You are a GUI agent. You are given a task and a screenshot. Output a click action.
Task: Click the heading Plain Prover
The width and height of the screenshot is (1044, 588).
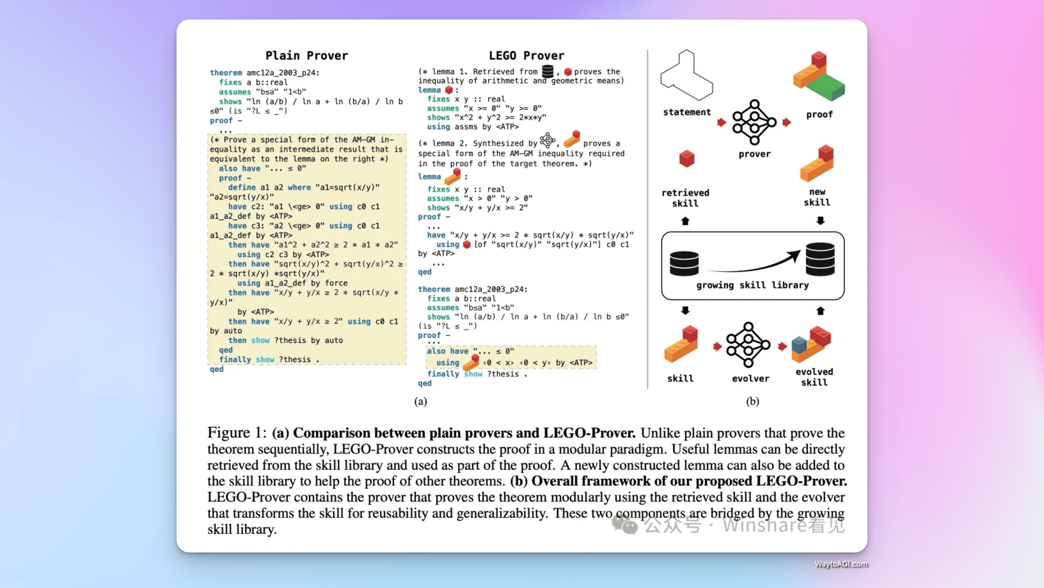pos(306,56)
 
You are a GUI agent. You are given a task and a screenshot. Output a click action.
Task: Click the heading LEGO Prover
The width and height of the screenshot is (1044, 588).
pos(526,56)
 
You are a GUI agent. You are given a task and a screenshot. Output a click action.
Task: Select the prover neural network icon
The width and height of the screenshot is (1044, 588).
pos(754,122)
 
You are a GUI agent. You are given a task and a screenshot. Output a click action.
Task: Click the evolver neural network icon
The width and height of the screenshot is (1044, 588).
pos(748,345)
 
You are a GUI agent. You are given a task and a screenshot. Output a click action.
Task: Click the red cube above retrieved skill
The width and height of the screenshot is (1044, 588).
pos(686,158)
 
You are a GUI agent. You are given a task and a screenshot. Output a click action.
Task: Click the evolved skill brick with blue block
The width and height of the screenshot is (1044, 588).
pos(811,345)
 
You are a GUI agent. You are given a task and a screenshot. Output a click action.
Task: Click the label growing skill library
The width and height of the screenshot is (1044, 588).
pos(752,285)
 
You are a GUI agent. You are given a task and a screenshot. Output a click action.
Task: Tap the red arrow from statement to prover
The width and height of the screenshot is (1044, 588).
pos(721,122)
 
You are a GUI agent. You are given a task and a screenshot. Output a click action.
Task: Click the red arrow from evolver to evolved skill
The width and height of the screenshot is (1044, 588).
pos(782,346)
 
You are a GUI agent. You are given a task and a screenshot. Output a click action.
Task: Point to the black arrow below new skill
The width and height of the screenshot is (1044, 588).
pos(820,221)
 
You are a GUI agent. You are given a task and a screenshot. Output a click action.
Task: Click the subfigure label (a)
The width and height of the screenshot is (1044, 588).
pos(420,401)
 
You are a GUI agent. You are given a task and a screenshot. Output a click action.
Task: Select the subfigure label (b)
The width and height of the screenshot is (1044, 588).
pos(752,401)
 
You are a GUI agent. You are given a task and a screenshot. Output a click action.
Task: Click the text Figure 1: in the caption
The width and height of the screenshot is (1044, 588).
pos(237,433)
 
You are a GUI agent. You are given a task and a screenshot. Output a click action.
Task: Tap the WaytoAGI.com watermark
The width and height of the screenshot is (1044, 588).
pos(841,564)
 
